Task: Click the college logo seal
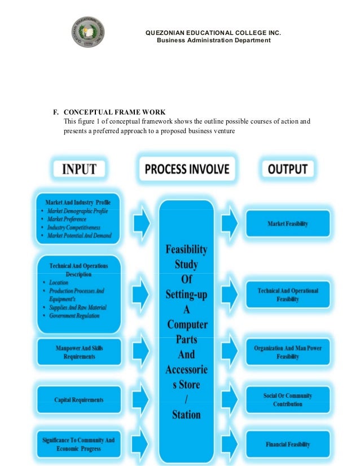[90, 33]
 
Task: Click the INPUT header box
[79, 168]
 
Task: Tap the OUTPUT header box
[288, 169]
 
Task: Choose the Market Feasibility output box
[288, 224]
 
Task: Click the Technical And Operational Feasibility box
[288, 294]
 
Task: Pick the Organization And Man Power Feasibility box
[288, 352]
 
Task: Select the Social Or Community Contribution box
[288, 399]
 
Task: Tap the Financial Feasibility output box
[288, 445]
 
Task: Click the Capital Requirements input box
[79, 400]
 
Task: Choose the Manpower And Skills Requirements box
[79, 352]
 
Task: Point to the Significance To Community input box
[79, 444]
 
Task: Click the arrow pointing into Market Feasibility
[230, 224]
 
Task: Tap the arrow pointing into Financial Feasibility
[230, 444]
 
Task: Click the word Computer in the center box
[187, 325]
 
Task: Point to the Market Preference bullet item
[67, 219]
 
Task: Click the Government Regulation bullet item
[74, 316]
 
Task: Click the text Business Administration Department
[213, 41]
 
